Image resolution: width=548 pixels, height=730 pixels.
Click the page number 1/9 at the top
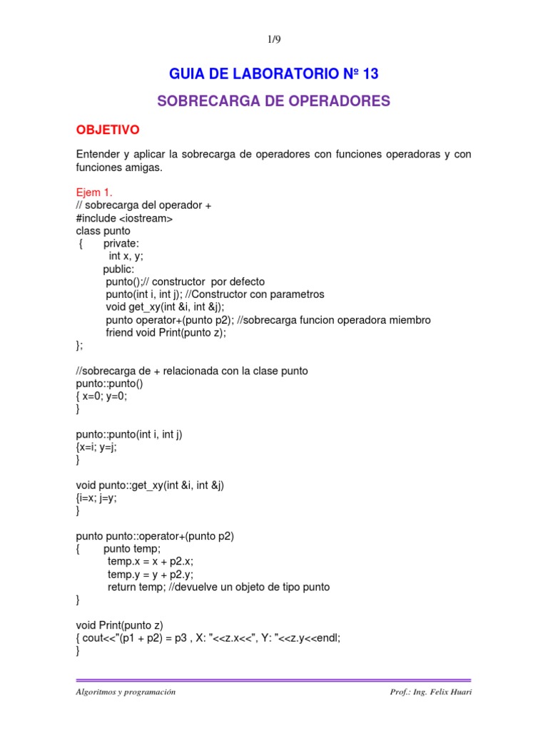pyautogui.click(x=273, y=41)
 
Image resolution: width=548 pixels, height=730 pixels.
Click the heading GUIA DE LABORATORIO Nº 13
pyautogui.click(x=273, y=74)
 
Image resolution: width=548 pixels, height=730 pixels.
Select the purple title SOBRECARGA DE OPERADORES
pyautogui.click(x=273, y=101)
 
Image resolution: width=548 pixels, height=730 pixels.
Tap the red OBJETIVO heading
pyautogui.click(x=108, y=130)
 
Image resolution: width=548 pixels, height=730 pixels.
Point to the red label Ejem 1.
pyautogui.click(x=94, y=192)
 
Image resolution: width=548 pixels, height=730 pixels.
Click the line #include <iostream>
pyautogui.click(x=124, y=218)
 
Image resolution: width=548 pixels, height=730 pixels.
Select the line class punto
pyautogui.click(x=103, y=230)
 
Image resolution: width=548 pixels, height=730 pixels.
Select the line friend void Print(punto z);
pyautogui.click(x=166, y=333)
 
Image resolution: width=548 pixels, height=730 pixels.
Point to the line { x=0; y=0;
pyautogui.click(x=101, y=396)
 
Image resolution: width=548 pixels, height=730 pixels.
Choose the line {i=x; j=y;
pyautogui.click(x=96, y=498)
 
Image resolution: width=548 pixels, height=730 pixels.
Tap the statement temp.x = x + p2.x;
pyautogui.click(x=151, y=562)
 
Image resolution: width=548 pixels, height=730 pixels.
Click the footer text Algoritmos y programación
pyautogui.click(x=126, y=692)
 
